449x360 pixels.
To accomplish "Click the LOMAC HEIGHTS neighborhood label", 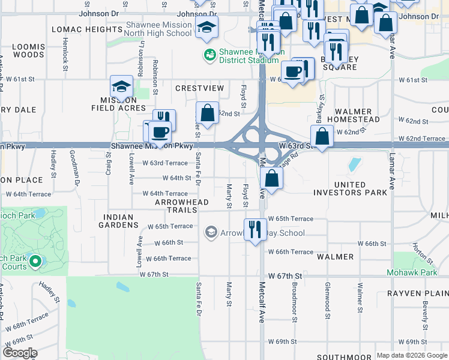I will pos(87,29).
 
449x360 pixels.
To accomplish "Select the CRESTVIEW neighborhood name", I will pos(199,88).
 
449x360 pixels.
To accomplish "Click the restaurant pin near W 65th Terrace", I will pos(255,229).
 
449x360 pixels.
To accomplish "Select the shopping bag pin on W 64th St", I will pos(272,178).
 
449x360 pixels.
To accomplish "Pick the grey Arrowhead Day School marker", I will pos(211,232).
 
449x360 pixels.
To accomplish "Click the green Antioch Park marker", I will pos(35,261).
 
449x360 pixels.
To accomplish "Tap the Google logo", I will pos(20,353).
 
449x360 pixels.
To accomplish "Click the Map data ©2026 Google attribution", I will pos(411,355).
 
